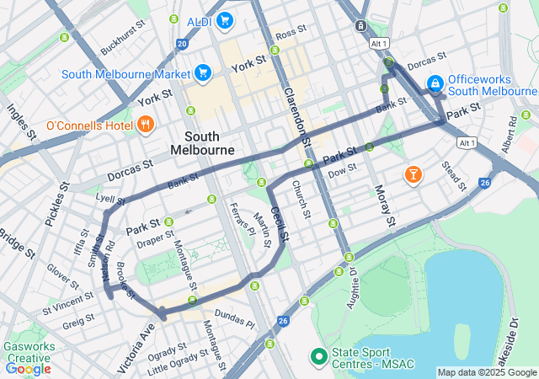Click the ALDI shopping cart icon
(224, 20)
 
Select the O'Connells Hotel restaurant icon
(146, 125)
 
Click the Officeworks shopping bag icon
(435, 83)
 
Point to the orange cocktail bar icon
(413, 174)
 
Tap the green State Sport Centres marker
(319, 357)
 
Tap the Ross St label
(289, 33)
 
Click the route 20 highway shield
(182, 44)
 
